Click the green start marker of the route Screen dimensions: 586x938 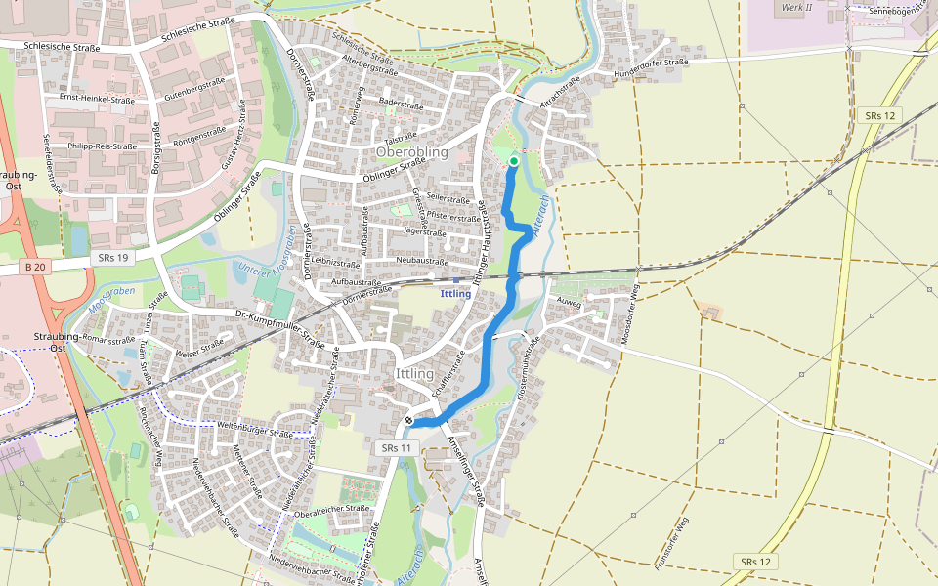coord(514,162)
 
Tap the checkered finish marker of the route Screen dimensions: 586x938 coord(408,421)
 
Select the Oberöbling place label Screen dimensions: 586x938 coord(411,152)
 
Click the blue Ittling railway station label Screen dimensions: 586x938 coord(456,293)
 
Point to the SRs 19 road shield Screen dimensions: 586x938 coord(112,258)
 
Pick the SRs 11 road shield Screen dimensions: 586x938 coord(397,447)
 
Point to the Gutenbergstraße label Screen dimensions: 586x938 coord(189,91)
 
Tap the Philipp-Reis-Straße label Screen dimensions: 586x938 coord(102,146)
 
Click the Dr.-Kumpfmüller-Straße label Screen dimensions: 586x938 coord(279,329)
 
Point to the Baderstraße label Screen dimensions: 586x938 coord(401,105)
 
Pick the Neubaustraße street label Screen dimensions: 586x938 coord(421,262)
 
